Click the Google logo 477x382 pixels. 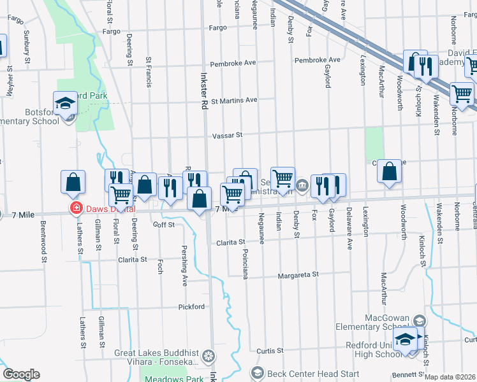click(21, 374)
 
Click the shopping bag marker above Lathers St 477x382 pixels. click(73, 182)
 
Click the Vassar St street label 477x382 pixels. click(228, 135)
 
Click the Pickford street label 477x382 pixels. click(191, 306)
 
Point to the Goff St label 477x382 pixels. click(165, 225)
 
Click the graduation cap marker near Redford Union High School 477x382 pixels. click(404, 341)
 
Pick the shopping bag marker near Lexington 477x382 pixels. click(389, 171)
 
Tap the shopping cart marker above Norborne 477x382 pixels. click(462, 94)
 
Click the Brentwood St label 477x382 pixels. click(44, 241)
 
